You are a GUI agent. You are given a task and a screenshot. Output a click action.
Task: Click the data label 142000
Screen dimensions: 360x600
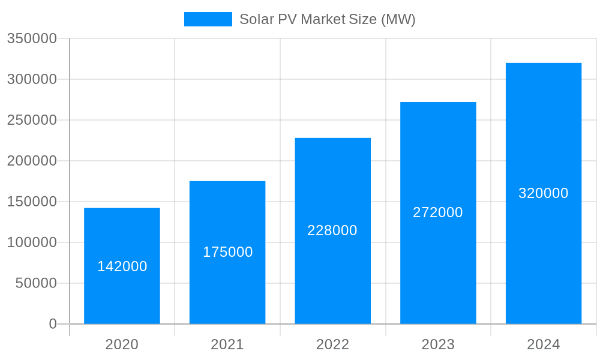(x=122, y=266)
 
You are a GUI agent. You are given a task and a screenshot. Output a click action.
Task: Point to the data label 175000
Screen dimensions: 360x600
(x=227, y=252)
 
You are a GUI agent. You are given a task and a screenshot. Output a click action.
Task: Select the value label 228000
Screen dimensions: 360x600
(x=332, y=230)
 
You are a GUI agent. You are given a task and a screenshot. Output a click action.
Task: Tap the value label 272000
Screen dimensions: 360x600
(x=438, y=212)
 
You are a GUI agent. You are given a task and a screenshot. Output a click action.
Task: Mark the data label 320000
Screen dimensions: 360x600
(x=544, y=193)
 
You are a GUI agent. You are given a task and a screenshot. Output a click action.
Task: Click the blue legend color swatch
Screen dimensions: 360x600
(x=208, y=19)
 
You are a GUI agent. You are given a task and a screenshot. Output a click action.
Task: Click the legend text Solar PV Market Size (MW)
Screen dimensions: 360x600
(x=328, y=19)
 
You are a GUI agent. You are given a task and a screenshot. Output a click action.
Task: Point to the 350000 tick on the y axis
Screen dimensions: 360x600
(x=32, y=38)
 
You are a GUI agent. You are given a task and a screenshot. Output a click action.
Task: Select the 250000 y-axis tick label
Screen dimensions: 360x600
(x=32, y=120)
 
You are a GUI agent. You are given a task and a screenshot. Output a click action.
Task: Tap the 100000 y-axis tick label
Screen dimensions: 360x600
(x=32, y=242)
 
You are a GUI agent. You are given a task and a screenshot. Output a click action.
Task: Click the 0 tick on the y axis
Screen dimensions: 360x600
(x=52, y=324)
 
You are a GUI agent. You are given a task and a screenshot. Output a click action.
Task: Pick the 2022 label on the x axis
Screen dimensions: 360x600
(x=332, y=344)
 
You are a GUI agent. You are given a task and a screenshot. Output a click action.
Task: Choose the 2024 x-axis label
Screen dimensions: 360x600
(x=544, y=344)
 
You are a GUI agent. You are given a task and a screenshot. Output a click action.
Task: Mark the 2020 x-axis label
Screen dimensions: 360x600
(x=122, y=344)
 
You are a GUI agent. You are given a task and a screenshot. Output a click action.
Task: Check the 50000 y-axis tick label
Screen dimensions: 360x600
(x=36, y=283)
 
